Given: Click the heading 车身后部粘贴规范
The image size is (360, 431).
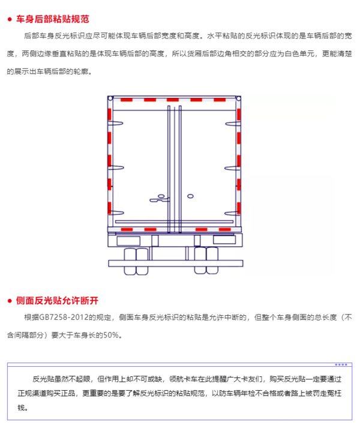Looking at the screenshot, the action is click(52, 19).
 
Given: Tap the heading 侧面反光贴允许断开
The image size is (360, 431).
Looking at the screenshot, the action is click(57, 300).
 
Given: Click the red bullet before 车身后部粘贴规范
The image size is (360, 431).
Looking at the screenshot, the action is click(10, 19).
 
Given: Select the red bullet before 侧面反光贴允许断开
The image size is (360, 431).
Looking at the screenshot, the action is click(10, 301).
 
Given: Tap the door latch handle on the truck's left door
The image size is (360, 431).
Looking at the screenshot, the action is click(160, 199).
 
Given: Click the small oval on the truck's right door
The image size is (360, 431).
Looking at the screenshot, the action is click(190, 196).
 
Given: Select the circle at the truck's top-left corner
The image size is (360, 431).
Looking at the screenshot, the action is click(110, 98).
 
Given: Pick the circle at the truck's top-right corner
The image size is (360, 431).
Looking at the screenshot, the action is click(238, 98).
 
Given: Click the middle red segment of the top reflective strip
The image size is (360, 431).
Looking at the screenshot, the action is click(173, 100).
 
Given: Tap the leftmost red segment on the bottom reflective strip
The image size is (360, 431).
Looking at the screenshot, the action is click(127, 229).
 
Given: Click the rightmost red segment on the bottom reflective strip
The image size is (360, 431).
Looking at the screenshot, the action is click(225, 229).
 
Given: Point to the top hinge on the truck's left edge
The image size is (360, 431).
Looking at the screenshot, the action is click(116, 124).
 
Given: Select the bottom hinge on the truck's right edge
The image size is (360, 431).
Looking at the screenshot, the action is click(232, 214).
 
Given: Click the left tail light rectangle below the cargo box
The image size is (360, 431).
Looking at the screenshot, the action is click(128, 241).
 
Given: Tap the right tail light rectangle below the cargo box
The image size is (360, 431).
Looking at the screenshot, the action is click(224, 240).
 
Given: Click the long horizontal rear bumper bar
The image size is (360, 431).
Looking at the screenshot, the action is click(176, 264).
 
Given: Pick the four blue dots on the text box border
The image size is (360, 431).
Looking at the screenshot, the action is click(341, 365).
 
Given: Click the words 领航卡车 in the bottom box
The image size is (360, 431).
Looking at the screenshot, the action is click(183, 379).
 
